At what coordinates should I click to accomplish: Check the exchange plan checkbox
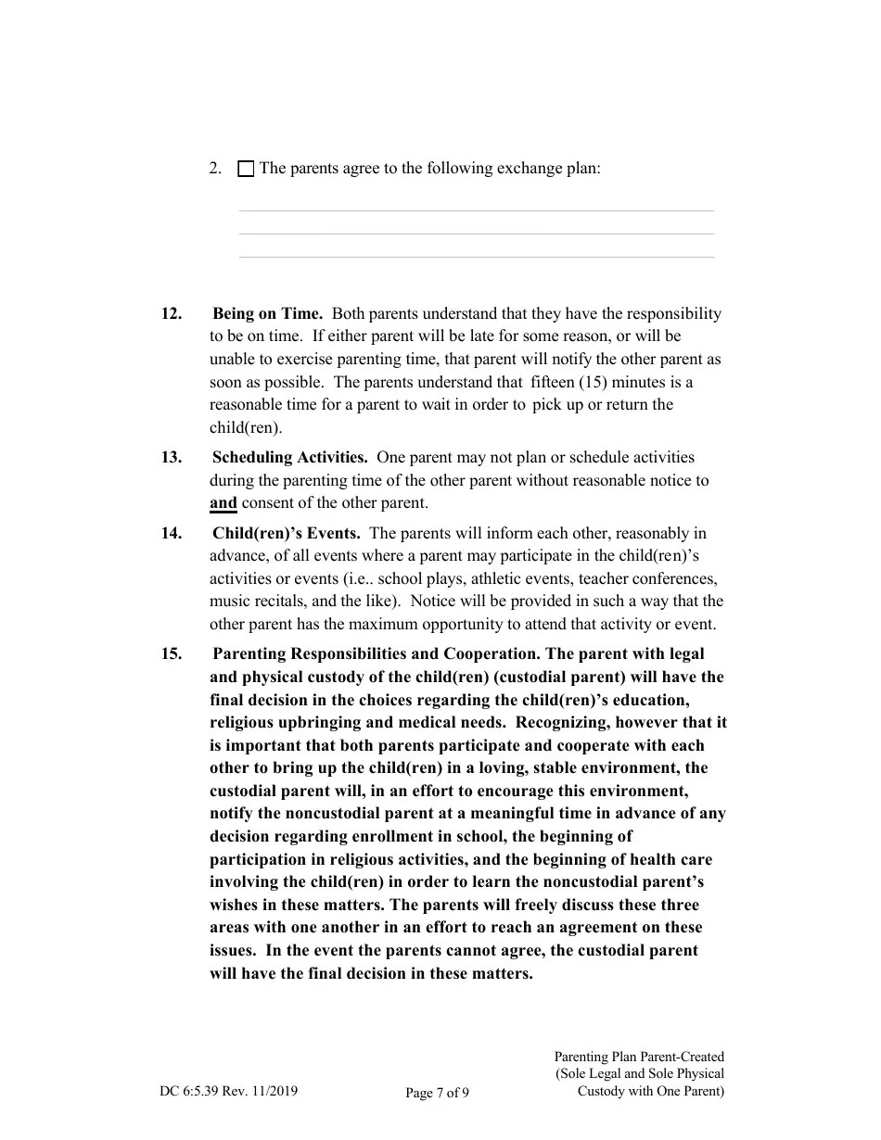point(246,170)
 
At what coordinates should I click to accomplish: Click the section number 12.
point(172,313)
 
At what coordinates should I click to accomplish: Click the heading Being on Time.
point(267,313)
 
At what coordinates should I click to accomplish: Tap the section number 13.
point(172,457)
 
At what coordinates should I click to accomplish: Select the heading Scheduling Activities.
point(289,457)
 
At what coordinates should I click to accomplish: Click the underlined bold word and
point(223,503)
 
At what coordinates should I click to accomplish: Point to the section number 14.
point(172,533)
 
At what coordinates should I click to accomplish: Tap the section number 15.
point(172,653)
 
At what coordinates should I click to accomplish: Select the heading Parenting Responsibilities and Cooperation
point(377,653)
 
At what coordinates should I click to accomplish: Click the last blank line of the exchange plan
point(476,256)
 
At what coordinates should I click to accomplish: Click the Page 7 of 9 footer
point(437,1093)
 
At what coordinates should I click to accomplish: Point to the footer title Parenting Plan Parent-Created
point(639,1057)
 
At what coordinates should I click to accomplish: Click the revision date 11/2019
point(273,1092)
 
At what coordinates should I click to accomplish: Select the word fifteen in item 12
point(553,382)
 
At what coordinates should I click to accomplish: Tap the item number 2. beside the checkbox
point(215,169)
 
